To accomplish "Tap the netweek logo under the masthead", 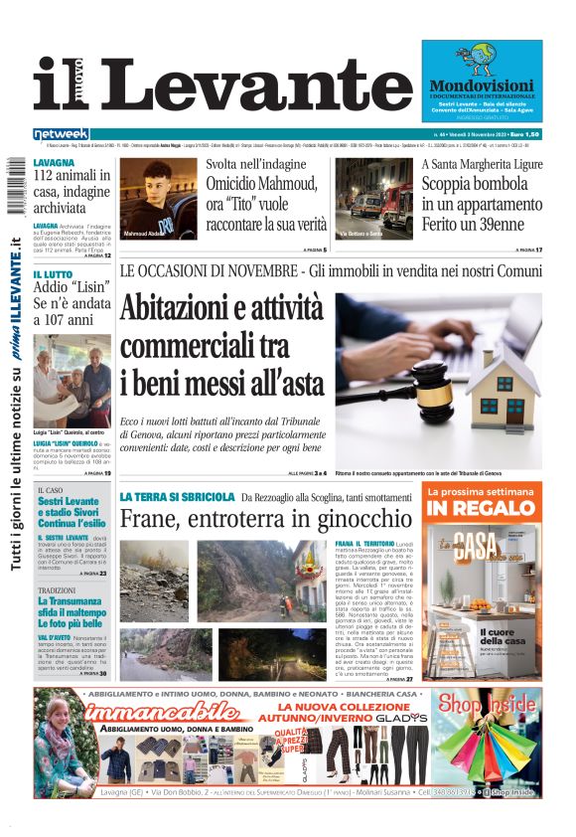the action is point(62,134).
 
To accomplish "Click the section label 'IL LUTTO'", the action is point(52,274).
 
